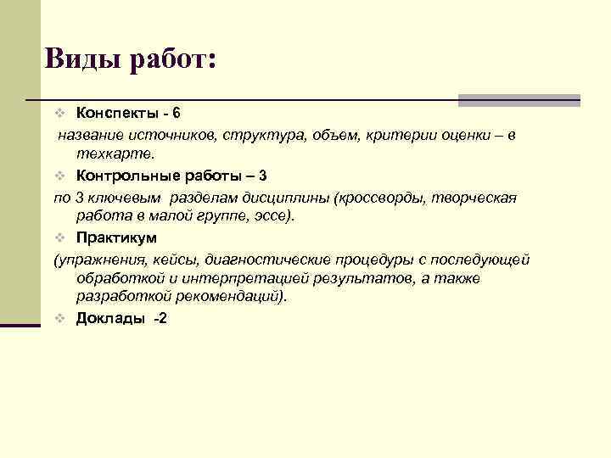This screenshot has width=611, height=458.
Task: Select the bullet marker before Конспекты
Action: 59,114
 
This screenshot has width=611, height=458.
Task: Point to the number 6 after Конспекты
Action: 176,113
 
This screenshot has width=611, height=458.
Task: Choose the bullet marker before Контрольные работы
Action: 59,176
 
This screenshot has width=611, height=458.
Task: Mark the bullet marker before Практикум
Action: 59,237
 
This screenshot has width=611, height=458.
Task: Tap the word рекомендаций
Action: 233,297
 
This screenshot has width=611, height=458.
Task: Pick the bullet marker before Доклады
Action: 59,319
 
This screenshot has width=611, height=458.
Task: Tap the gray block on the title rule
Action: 519,100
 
